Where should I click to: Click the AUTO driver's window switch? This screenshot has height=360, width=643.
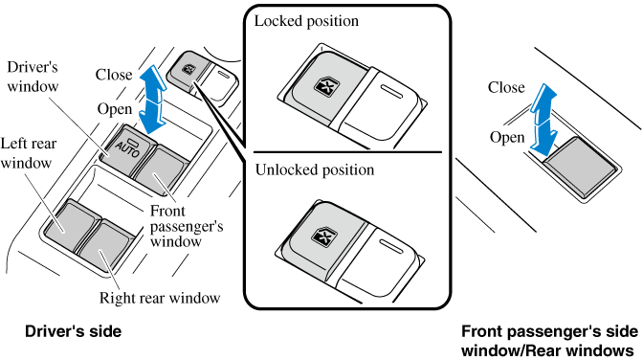click(x=127, y=149)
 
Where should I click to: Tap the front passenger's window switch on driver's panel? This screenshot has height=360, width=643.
click(x=161, y=169)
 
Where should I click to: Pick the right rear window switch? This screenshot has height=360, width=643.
click(x=106, y=244)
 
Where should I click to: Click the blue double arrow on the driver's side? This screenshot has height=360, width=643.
click(x=152, y=100)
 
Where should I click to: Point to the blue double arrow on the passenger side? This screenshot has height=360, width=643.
click(x=543, y=120)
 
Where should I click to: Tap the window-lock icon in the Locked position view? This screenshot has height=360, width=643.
click(x=324, y=86)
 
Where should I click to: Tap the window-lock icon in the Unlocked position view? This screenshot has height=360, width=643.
click(x=324, y=237)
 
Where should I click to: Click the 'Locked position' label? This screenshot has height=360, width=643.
click(x=306, y=21)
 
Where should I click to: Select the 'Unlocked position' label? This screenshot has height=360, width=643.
click(x=315, y=169)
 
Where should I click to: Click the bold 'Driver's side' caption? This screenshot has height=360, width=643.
click(x=74, y=331)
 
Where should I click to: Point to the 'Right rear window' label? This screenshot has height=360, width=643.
click(x=160, y=298)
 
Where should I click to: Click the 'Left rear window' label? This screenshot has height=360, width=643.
click(x=28, y=153)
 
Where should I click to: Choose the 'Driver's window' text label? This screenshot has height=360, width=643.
click(x=33, y=77)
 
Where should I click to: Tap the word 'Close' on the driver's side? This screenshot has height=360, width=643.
click(x=114, y=75)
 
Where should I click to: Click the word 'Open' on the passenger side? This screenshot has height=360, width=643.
click(x=507, y=138)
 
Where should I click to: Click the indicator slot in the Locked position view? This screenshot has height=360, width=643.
click(x=392, y=91)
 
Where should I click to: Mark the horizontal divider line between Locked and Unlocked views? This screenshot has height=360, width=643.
click(x=347, y=152)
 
